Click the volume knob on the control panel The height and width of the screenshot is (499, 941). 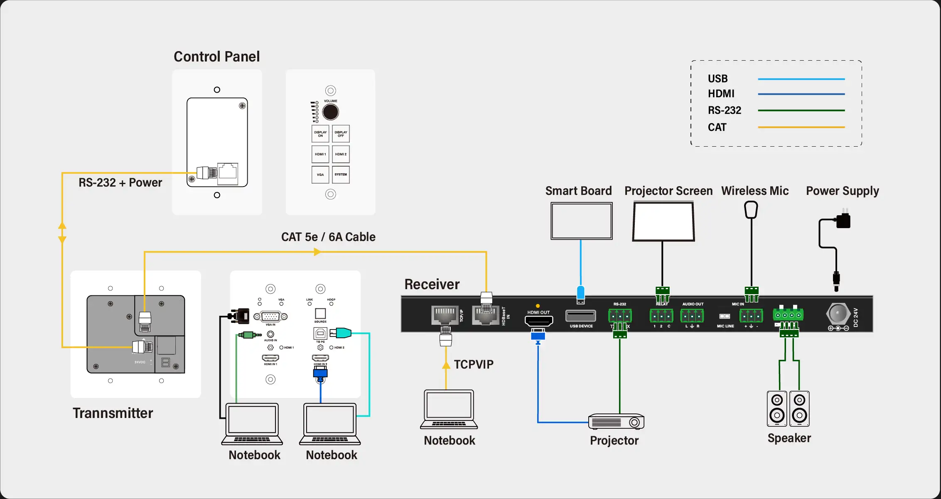(x=331, y=112)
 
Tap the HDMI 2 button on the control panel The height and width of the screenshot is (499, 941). (x=341, y=154)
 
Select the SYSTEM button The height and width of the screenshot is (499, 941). (x=341, y=175)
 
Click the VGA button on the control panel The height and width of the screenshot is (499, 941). (x=320, y=175)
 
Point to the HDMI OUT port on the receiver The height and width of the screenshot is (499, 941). (x=539, y=321)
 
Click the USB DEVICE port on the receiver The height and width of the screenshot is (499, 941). (x=581, y=316)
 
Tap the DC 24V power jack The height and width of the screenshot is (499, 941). (x=838, y=314)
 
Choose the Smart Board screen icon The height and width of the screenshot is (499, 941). (x=581, y=221)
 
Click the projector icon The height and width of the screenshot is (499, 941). (x=617, y=422)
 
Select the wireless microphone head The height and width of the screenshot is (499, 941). (x=751, y=209)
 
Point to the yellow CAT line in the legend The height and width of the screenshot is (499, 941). (x=801, y=127)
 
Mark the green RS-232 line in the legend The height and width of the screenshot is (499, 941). (x=801, y=111)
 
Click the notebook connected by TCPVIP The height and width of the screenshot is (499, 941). (x=449, y=409)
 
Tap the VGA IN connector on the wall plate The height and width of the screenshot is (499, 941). (x=270, y=317)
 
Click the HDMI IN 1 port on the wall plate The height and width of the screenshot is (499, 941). (x=270, y=358)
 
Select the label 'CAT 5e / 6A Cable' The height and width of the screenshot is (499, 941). (x=328, y=237)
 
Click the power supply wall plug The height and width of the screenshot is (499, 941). (x=843, y=220)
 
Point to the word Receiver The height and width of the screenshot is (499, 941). (x=432, y=284)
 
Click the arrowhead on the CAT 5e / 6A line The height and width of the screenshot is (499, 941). (x=317, y=252)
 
